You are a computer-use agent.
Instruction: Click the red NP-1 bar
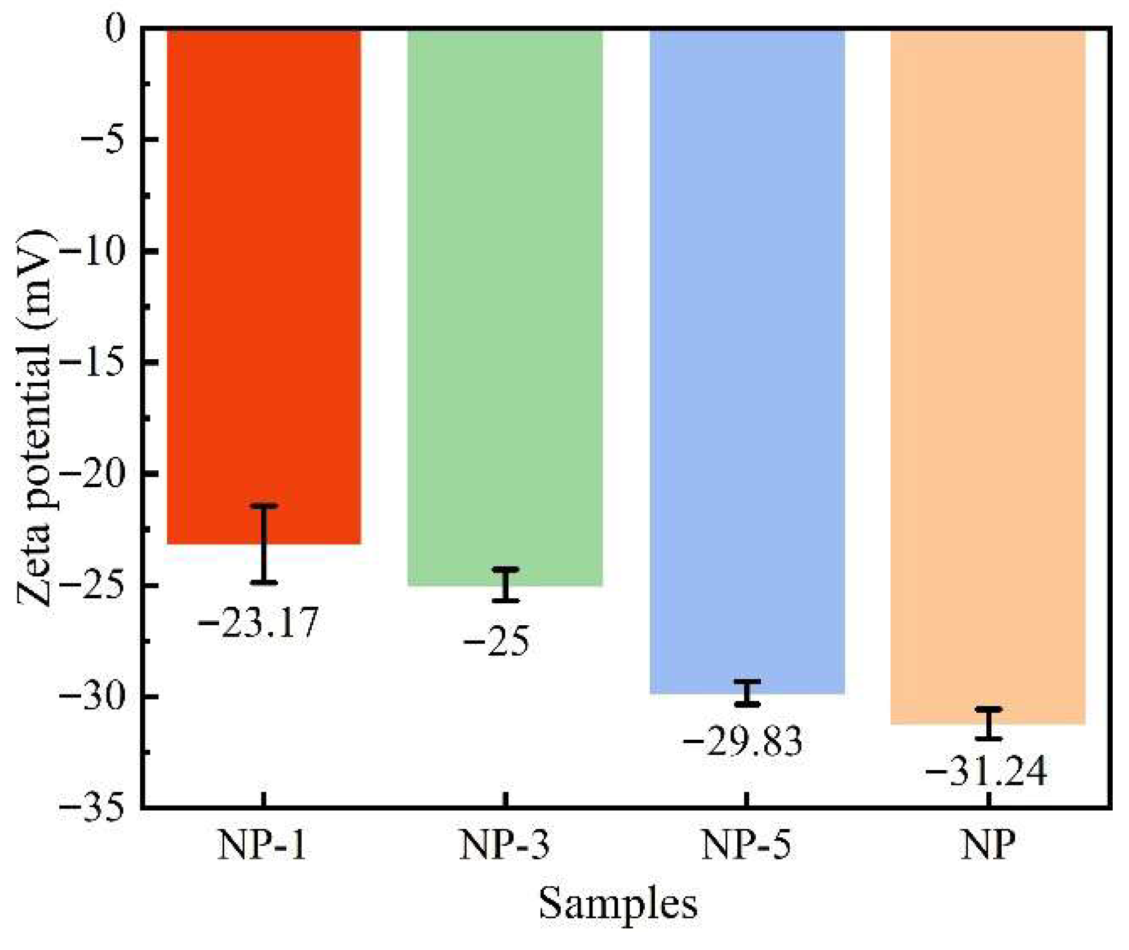[x=264, y=282]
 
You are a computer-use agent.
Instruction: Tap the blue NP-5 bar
[x=747, y=355]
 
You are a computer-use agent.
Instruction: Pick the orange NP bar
[x=988, y=372]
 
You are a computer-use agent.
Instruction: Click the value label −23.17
[x=258, y=623]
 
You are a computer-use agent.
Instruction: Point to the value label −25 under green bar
[x=497, y=641]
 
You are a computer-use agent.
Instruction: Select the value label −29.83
[x=742, y=741]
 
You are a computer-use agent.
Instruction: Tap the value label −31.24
[x=986, y=772]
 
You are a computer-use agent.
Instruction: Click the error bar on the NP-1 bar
[x=264, y=544]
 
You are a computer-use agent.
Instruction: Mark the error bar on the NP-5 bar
[x=747, y=693]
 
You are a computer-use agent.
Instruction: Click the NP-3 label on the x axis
[x=504, y=845]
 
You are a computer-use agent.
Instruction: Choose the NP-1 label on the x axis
[x=262, y=845]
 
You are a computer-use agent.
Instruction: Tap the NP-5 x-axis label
[x=746, y=845]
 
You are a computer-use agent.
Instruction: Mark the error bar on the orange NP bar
[x=988, y=723]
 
